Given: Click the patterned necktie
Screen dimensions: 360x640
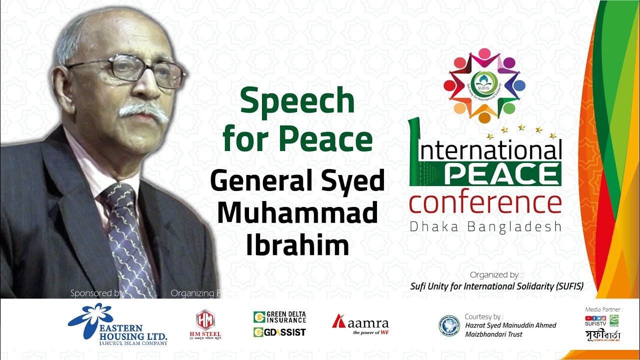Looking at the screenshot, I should [128, 240].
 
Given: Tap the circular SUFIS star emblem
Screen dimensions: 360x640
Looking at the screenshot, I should [483, 85].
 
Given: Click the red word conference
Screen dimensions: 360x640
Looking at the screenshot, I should [484, 203].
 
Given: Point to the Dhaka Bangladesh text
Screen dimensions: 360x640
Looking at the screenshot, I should [484, 227].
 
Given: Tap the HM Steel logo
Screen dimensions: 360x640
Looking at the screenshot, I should [205, 320].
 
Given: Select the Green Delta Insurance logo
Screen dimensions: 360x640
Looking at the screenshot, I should [279, 317].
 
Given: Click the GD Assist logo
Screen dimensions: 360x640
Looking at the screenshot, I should [279, 332].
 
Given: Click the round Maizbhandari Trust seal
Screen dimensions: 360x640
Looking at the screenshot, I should [449, 325].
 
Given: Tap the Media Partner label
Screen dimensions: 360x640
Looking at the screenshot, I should [604, 310].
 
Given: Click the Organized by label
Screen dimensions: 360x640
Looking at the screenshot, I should [495, 275].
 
